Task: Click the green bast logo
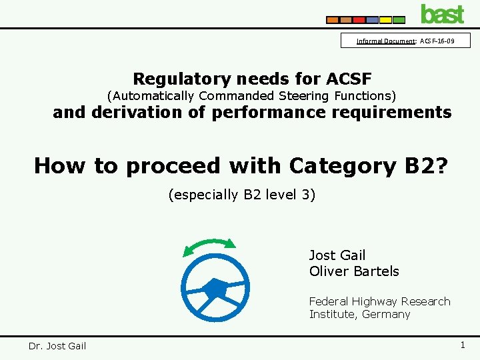click(x=442, y=13)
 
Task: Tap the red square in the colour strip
click(x=359, y=20)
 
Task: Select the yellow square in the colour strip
click(x=385, y=20)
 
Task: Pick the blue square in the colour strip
click(x=372, y=20)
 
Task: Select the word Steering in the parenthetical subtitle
click(x=305, y=96)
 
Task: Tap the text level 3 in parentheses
click(x=285, y=195)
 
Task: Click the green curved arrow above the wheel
click(x=209, y=245)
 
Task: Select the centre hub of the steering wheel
click(x=214, y=289)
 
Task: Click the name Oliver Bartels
click(x=354, y=271)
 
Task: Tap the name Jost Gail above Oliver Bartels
click(x=337, y=255)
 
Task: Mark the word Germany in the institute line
click(x=386, y=314)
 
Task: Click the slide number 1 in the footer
click(x=462, y=345)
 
